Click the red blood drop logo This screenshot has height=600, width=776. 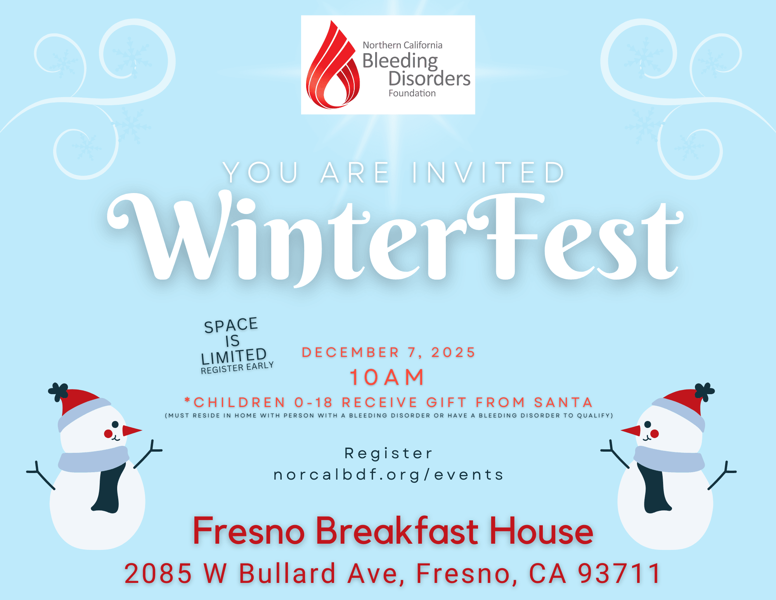point(332,68)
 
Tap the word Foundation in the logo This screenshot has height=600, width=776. point(412,93)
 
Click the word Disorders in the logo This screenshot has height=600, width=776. point(429,78)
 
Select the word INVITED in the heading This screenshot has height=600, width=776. point(488,172)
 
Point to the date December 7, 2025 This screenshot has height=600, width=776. point(388,352)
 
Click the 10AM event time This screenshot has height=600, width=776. point(387,377)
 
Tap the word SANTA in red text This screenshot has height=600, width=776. point(563,402)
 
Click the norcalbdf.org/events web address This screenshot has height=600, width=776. point(388,475)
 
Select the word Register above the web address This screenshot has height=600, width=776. point(388,453)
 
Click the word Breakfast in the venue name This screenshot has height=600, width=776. point(397,531)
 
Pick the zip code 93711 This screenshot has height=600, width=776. point(620,573)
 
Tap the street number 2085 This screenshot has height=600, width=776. point(158,573)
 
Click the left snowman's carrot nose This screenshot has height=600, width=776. point(131,430)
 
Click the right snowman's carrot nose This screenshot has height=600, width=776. point(631,430)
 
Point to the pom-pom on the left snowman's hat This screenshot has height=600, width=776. point(58,391)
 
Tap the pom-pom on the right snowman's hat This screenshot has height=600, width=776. point(704,391)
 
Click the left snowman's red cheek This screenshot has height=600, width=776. point(108,433)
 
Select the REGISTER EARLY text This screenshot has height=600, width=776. point(237,367)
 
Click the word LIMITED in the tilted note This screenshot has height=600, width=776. point(234,356)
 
